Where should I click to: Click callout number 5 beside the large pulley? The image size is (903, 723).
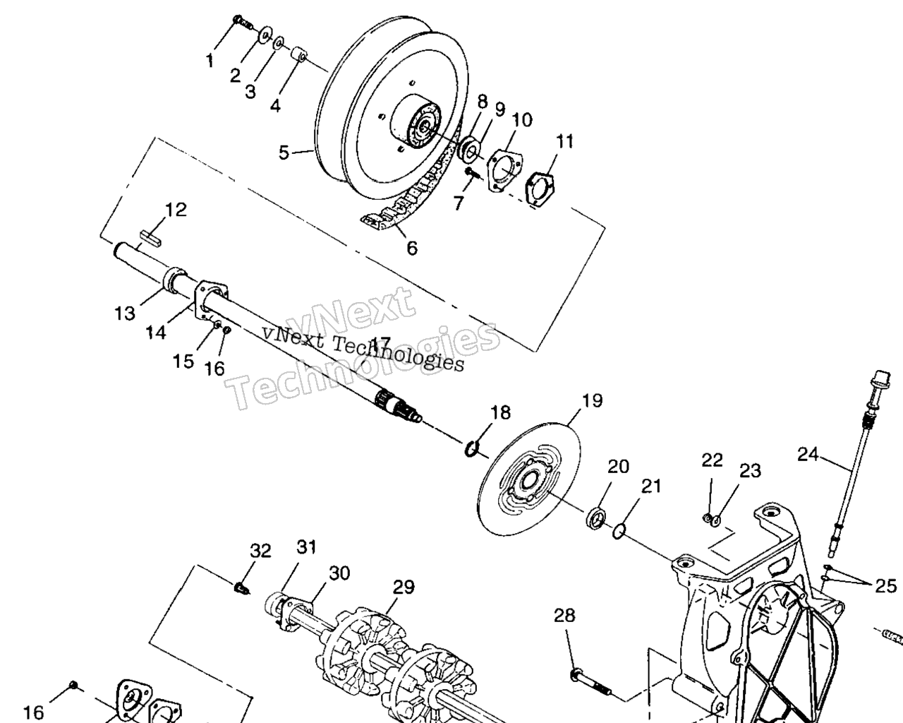284,152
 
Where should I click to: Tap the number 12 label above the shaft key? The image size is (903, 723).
176,210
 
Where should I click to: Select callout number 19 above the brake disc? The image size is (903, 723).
592,400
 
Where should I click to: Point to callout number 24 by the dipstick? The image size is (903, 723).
808,454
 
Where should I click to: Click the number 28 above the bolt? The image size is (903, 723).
564,616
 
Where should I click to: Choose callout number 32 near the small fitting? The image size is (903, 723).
260,550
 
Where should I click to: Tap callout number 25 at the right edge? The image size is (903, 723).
885,585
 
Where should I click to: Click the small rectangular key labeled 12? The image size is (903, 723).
151,239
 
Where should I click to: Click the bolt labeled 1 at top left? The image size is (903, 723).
242,23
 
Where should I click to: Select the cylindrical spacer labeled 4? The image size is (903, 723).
300,55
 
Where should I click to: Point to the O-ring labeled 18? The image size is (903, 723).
471,448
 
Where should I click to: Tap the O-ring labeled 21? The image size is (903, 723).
619,531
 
